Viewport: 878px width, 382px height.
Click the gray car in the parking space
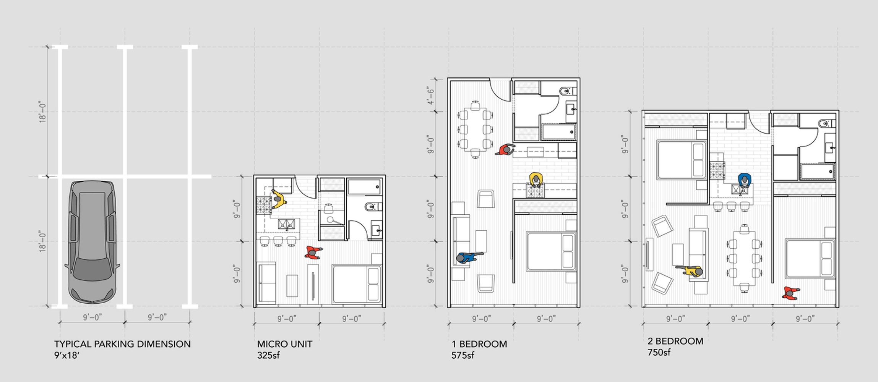pos(92,242)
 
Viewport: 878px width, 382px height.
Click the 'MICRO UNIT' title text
pos(285,344)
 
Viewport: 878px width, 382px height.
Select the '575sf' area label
pos(463,355)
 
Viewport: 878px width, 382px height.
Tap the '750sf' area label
pos(659,352)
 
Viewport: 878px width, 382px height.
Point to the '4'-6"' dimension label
pos(431,96)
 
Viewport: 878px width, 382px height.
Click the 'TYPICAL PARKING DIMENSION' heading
pos(122,344)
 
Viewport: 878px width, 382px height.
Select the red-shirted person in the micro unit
pos(313,253)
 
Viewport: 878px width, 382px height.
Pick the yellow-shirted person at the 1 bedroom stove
pos(536,180)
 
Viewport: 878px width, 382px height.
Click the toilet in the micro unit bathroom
pos(372,207)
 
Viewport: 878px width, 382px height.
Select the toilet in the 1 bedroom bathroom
pos(566,91)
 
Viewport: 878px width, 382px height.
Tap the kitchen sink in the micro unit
pos(286,224)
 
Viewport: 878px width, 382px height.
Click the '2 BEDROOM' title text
pos(675,341)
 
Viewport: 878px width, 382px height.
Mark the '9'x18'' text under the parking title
pos(67,355)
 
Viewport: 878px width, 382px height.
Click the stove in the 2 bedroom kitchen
pos(717,171)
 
